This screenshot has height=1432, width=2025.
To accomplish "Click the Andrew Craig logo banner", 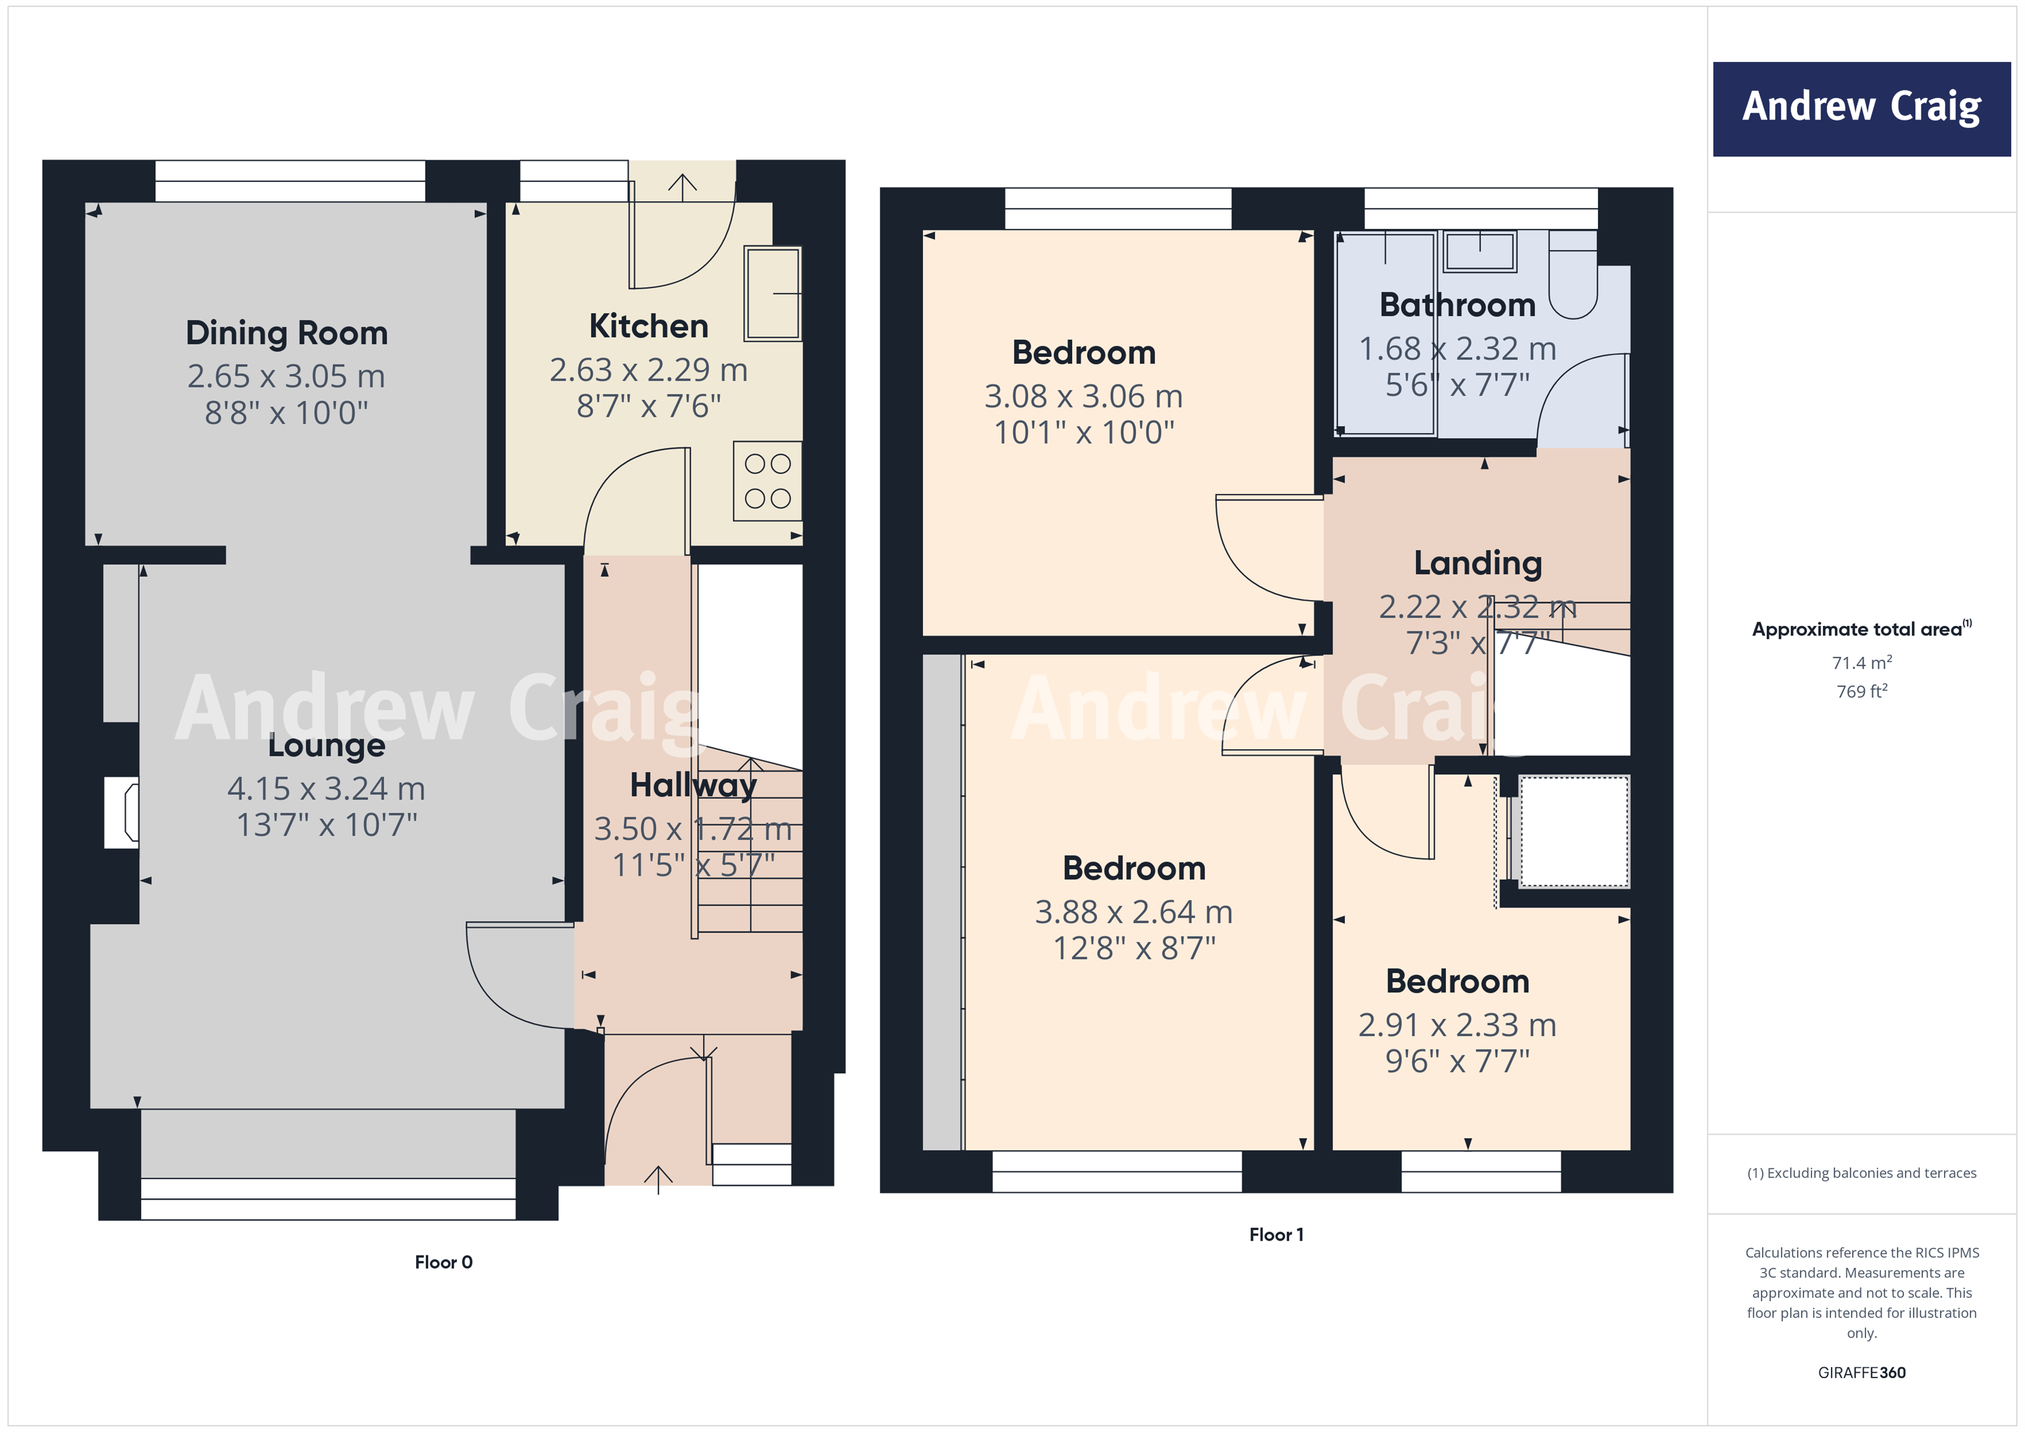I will (1861, 109).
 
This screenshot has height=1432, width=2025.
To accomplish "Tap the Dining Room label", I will (287, 333).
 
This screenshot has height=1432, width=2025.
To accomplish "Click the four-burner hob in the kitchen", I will (767, 480).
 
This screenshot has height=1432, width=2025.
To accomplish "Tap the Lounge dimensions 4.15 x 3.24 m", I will (326, 788).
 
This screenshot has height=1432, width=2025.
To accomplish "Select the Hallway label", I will (693, 785).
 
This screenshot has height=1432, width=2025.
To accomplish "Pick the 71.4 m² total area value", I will (1861, 662).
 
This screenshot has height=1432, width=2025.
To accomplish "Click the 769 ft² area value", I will (1861, 691).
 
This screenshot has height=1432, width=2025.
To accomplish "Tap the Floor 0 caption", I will (444, 1262).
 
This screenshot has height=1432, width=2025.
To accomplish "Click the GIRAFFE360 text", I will (1861, 1372).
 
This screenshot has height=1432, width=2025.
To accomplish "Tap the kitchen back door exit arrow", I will (682, 183).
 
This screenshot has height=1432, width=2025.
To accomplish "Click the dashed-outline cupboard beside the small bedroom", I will (1573, 831).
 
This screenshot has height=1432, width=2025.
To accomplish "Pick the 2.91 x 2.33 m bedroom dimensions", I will (1457, 1025).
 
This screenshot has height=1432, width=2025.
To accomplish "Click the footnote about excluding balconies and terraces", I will (1861, 1172).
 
